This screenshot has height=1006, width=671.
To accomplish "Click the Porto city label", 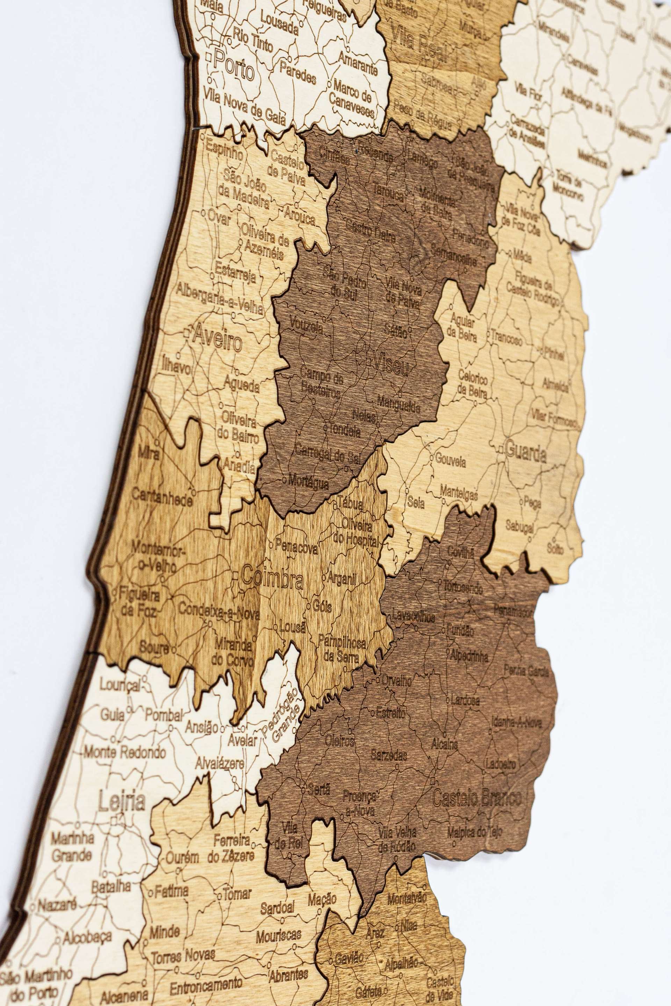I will point(235,66).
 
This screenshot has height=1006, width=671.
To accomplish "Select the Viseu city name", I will point(391,366).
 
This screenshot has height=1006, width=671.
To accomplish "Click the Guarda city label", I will point(526,452).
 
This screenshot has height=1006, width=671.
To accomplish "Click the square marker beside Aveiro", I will point(187,332).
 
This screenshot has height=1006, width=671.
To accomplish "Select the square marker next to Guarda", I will point(501,450).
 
